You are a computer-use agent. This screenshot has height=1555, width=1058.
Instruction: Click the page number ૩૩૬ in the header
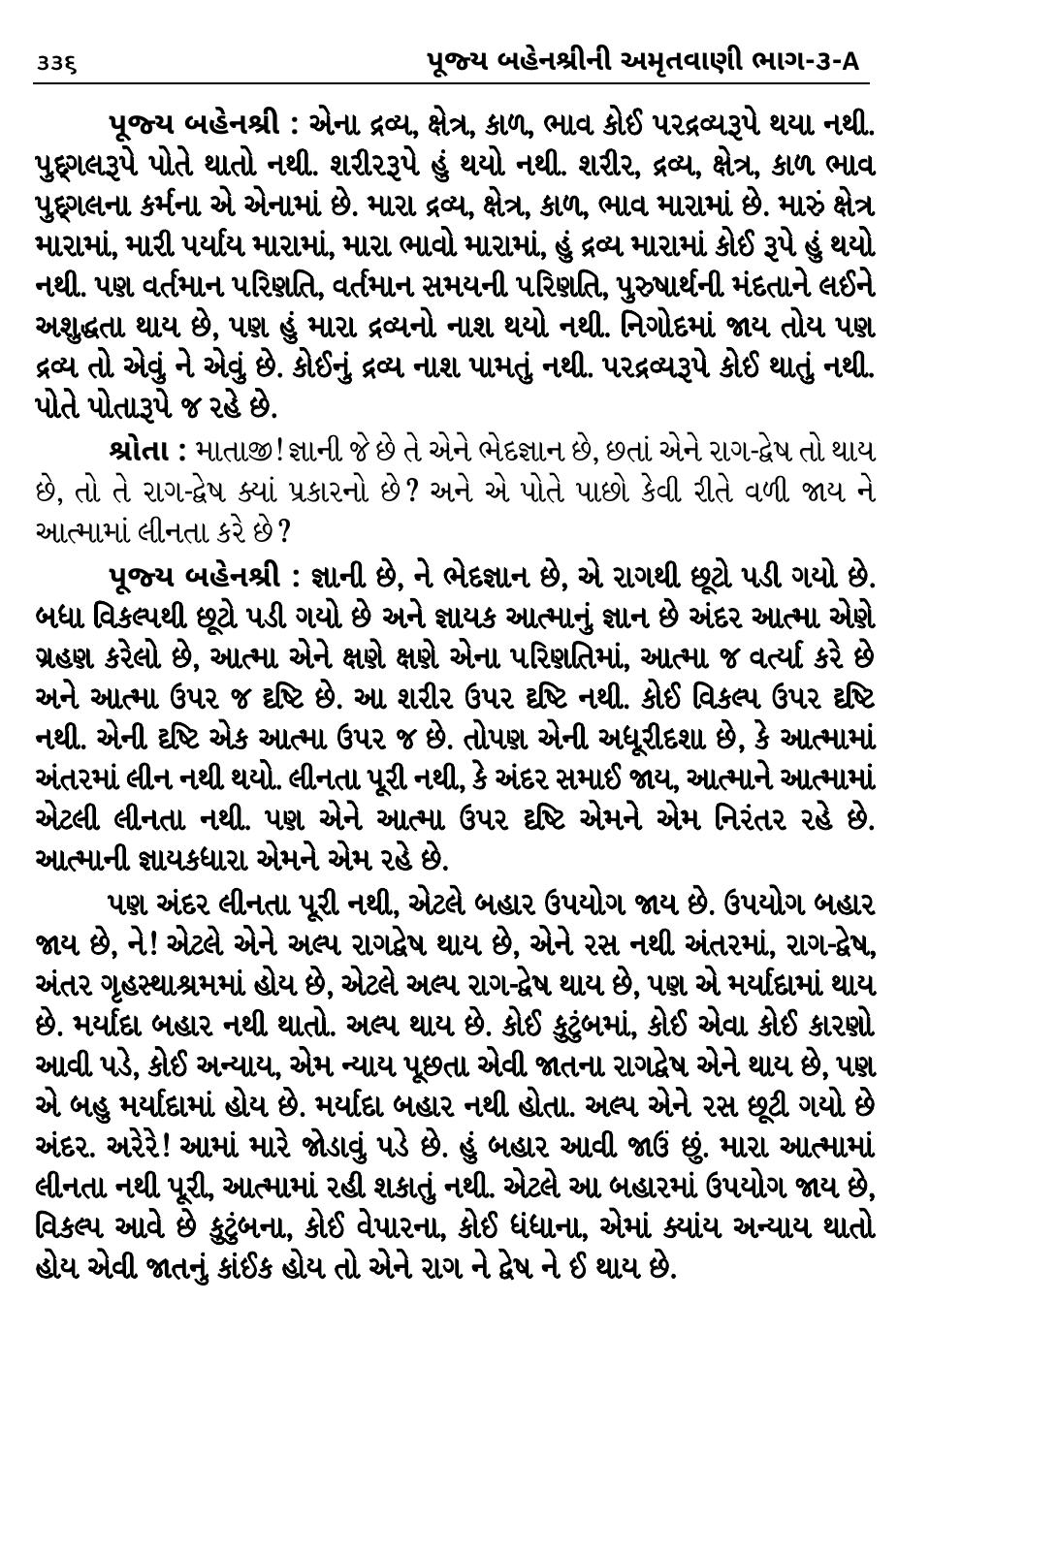pyautogui.click(x=54, y=63)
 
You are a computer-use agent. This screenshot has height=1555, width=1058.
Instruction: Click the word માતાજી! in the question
pyautogui.click(x=237, y=452)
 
